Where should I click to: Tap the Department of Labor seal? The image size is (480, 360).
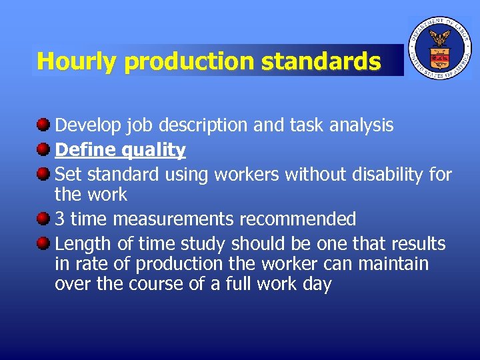point(439,48)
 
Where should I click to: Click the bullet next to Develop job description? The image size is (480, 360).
point(43,125)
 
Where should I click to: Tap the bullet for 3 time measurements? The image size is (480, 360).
point(43,219)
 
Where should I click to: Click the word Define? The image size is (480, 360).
point(84,150)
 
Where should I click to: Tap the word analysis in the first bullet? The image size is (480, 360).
point(359,125)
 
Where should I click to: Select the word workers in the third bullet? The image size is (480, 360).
point(247,175)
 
